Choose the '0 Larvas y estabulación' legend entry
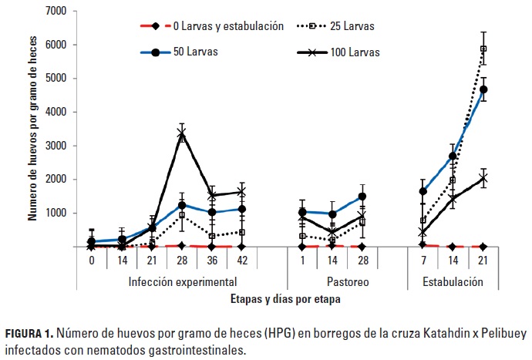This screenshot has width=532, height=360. pyautogui.click(x=219, y=26)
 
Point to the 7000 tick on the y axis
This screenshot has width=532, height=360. pyautogui.click(x=56, y=12)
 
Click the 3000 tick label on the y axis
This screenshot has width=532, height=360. pyautogui.click(x=56, y=146)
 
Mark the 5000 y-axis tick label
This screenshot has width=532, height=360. pyautogui.click(x=56, y=79)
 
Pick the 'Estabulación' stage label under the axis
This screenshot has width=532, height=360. pyautogui.click(x=453, y=281)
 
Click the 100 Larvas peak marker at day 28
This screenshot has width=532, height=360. pyautogui.click(x=182, y=134)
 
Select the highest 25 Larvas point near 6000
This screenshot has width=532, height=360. pyautogui.click(x=483, y=49)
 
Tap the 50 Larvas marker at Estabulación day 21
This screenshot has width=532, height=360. pyautogui.click(x=483, y=89)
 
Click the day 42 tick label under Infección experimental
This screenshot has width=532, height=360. pyautogui.click(x=241, y=261)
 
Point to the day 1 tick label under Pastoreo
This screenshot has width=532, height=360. pyautogui.click(x=302, y=261)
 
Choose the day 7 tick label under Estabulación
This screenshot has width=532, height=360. pyautogui.click(x=423, y=261)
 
